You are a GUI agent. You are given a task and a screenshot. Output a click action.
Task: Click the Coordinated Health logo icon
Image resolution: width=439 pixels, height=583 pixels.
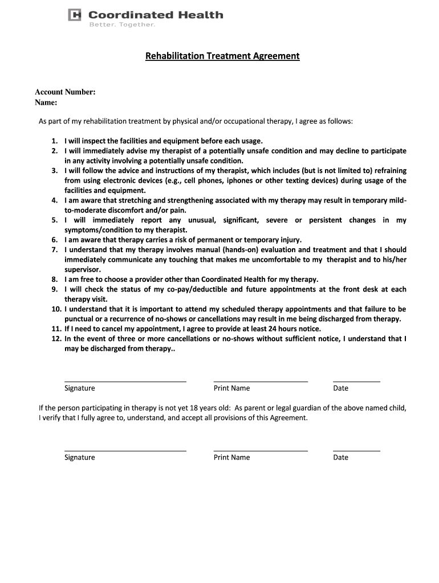pos(75,15)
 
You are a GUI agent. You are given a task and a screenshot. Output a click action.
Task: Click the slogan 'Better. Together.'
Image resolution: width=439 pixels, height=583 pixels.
pos(122,24)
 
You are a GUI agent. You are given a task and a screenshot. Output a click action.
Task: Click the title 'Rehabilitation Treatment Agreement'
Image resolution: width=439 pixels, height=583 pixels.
pos(222,56)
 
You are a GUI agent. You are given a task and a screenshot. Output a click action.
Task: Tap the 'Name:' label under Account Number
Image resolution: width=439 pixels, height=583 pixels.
pos(46,102)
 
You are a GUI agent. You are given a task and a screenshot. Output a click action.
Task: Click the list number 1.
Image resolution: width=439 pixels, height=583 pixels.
pos(54,141)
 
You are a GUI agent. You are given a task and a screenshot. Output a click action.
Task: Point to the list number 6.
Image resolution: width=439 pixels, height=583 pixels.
pos(54,240)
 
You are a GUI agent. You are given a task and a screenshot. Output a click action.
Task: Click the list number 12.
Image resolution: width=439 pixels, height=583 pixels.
pos(56,339)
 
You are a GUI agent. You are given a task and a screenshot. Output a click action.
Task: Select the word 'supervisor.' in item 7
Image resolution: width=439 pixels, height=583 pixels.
pos(83,269)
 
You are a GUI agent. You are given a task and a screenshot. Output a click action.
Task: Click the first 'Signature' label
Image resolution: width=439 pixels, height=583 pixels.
pos(80,388)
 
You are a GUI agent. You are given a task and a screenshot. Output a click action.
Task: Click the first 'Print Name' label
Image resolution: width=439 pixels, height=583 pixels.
pos(231,388)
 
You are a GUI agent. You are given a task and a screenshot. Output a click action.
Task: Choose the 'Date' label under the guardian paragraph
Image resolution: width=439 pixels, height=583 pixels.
pos(340,458)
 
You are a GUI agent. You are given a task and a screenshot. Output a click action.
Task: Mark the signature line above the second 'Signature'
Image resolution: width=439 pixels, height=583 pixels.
pos(125,450)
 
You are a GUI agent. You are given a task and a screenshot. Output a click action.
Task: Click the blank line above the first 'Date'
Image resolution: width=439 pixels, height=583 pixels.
pos(356,381)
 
